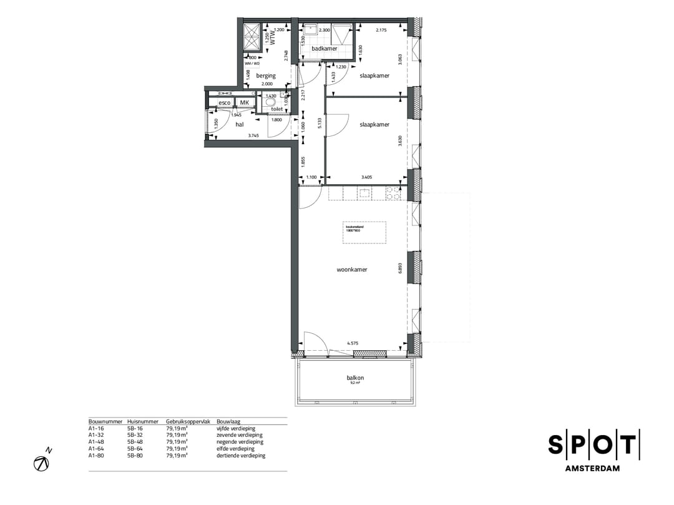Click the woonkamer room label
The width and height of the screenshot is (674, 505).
pos(352,270)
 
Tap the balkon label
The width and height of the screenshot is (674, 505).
pos(355,378)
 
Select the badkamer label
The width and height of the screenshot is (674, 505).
pos(325,49)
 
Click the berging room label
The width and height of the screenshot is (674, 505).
pos(266,76)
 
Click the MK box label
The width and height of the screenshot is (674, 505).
pos(245,102)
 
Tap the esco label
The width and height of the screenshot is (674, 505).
pos(224,102)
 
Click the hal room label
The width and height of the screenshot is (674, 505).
pos(239,124)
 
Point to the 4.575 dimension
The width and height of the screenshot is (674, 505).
pos(353,343)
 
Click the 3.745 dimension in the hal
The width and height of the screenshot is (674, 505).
pos(253,135)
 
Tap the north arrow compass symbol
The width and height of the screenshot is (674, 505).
pos(42,463)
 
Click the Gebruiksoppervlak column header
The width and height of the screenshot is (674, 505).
pos(183,422)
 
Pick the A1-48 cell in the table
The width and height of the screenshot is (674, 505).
pos(96,442)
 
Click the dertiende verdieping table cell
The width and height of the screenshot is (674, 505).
pos(241,456)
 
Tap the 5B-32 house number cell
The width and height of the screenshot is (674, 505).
pos(135,435)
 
